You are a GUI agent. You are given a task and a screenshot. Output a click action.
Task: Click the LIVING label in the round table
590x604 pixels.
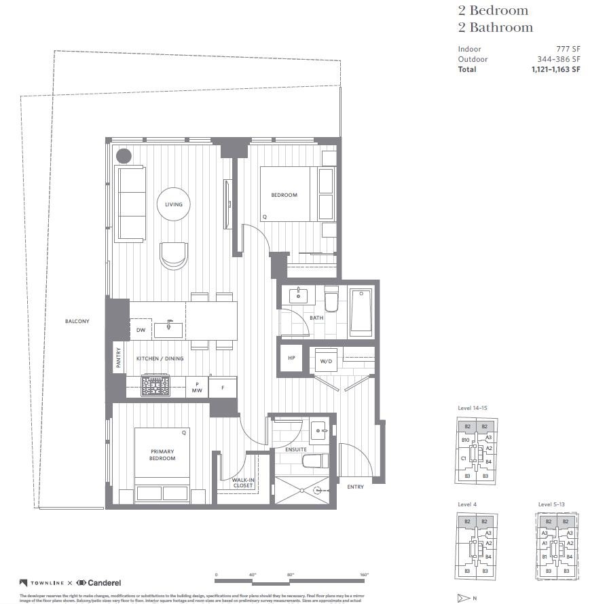pyautogui.click(x=173, y=204)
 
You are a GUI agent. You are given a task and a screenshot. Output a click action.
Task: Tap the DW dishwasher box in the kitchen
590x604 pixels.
pyautogui.click(x=141, y=330)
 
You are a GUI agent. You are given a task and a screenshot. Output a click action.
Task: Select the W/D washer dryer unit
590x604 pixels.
pyautogui.click(x=326, y=361)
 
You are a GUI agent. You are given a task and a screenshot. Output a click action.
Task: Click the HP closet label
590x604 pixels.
pyautogui.click(x=291, y=358)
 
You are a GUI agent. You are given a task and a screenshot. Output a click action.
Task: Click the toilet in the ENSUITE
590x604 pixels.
pyautogui.click(x=315, y=462)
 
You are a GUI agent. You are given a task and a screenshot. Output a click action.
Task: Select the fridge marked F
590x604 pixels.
pyautogui.click(x=222, y=388)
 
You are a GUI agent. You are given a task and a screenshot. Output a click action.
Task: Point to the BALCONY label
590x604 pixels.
pyautogui.click(x=77, y=321)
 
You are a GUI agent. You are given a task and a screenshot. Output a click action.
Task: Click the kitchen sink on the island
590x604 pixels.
pyautogui.click(x=168, y=330)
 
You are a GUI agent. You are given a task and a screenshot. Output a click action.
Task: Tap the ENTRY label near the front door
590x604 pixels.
pyautogui.click(x=354, y=487)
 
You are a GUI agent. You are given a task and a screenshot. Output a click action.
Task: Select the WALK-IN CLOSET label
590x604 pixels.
pyautogui.click(x=242, y=483)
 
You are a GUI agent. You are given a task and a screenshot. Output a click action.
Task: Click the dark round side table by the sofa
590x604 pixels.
pyautogui.click(x=124, y=156)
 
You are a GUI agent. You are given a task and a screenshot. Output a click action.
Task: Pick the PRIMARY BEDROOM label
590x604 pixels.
pyautogui.click(x=162, y=455)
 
